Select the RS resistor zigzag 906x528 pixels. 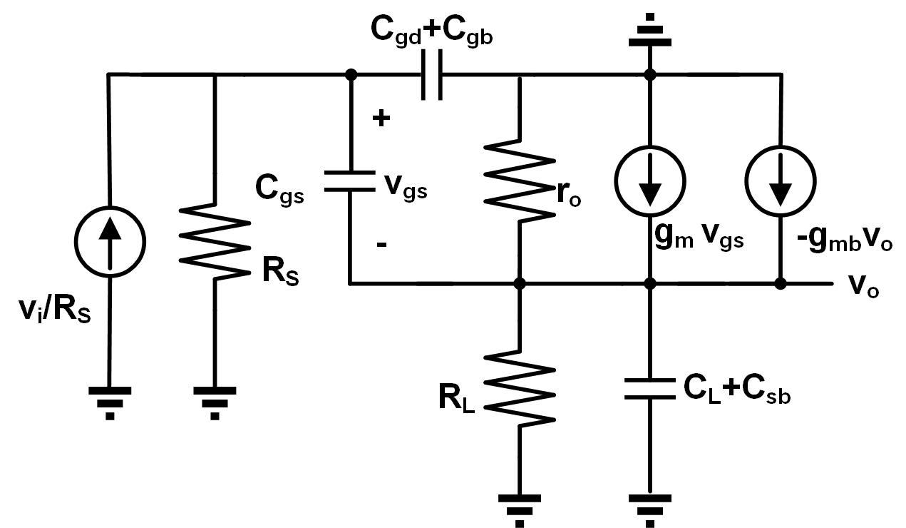coord(215,242)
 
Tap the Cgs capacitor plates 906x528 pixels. coord(350,181)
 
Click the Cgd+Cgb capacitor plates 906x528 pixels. coord(431,74)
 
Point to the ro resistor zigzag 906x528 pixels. coord(520,181)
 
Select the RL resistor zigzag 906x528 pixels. coord(520,389)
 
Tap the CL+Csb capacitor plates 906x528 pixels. coord(650,389)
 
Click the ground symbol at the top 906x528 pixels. coord(650,30)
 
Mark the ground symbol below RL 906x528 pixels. coord(520,511)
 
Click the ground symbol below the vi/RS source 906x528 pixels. coord(110,403)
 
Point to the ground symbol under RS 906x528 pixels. coord(215,403)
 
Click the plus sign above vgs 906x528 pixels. coord(381,118)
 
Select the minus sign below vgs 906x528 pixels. coord(382,244)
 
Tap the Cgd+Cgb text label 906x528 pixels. coord(431,32)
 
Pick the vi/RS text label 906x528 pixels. coord(55,310)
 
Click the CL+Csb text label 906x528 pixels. coord(737,390)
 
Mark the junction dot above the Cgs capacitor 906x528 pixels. coord(351,75)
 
